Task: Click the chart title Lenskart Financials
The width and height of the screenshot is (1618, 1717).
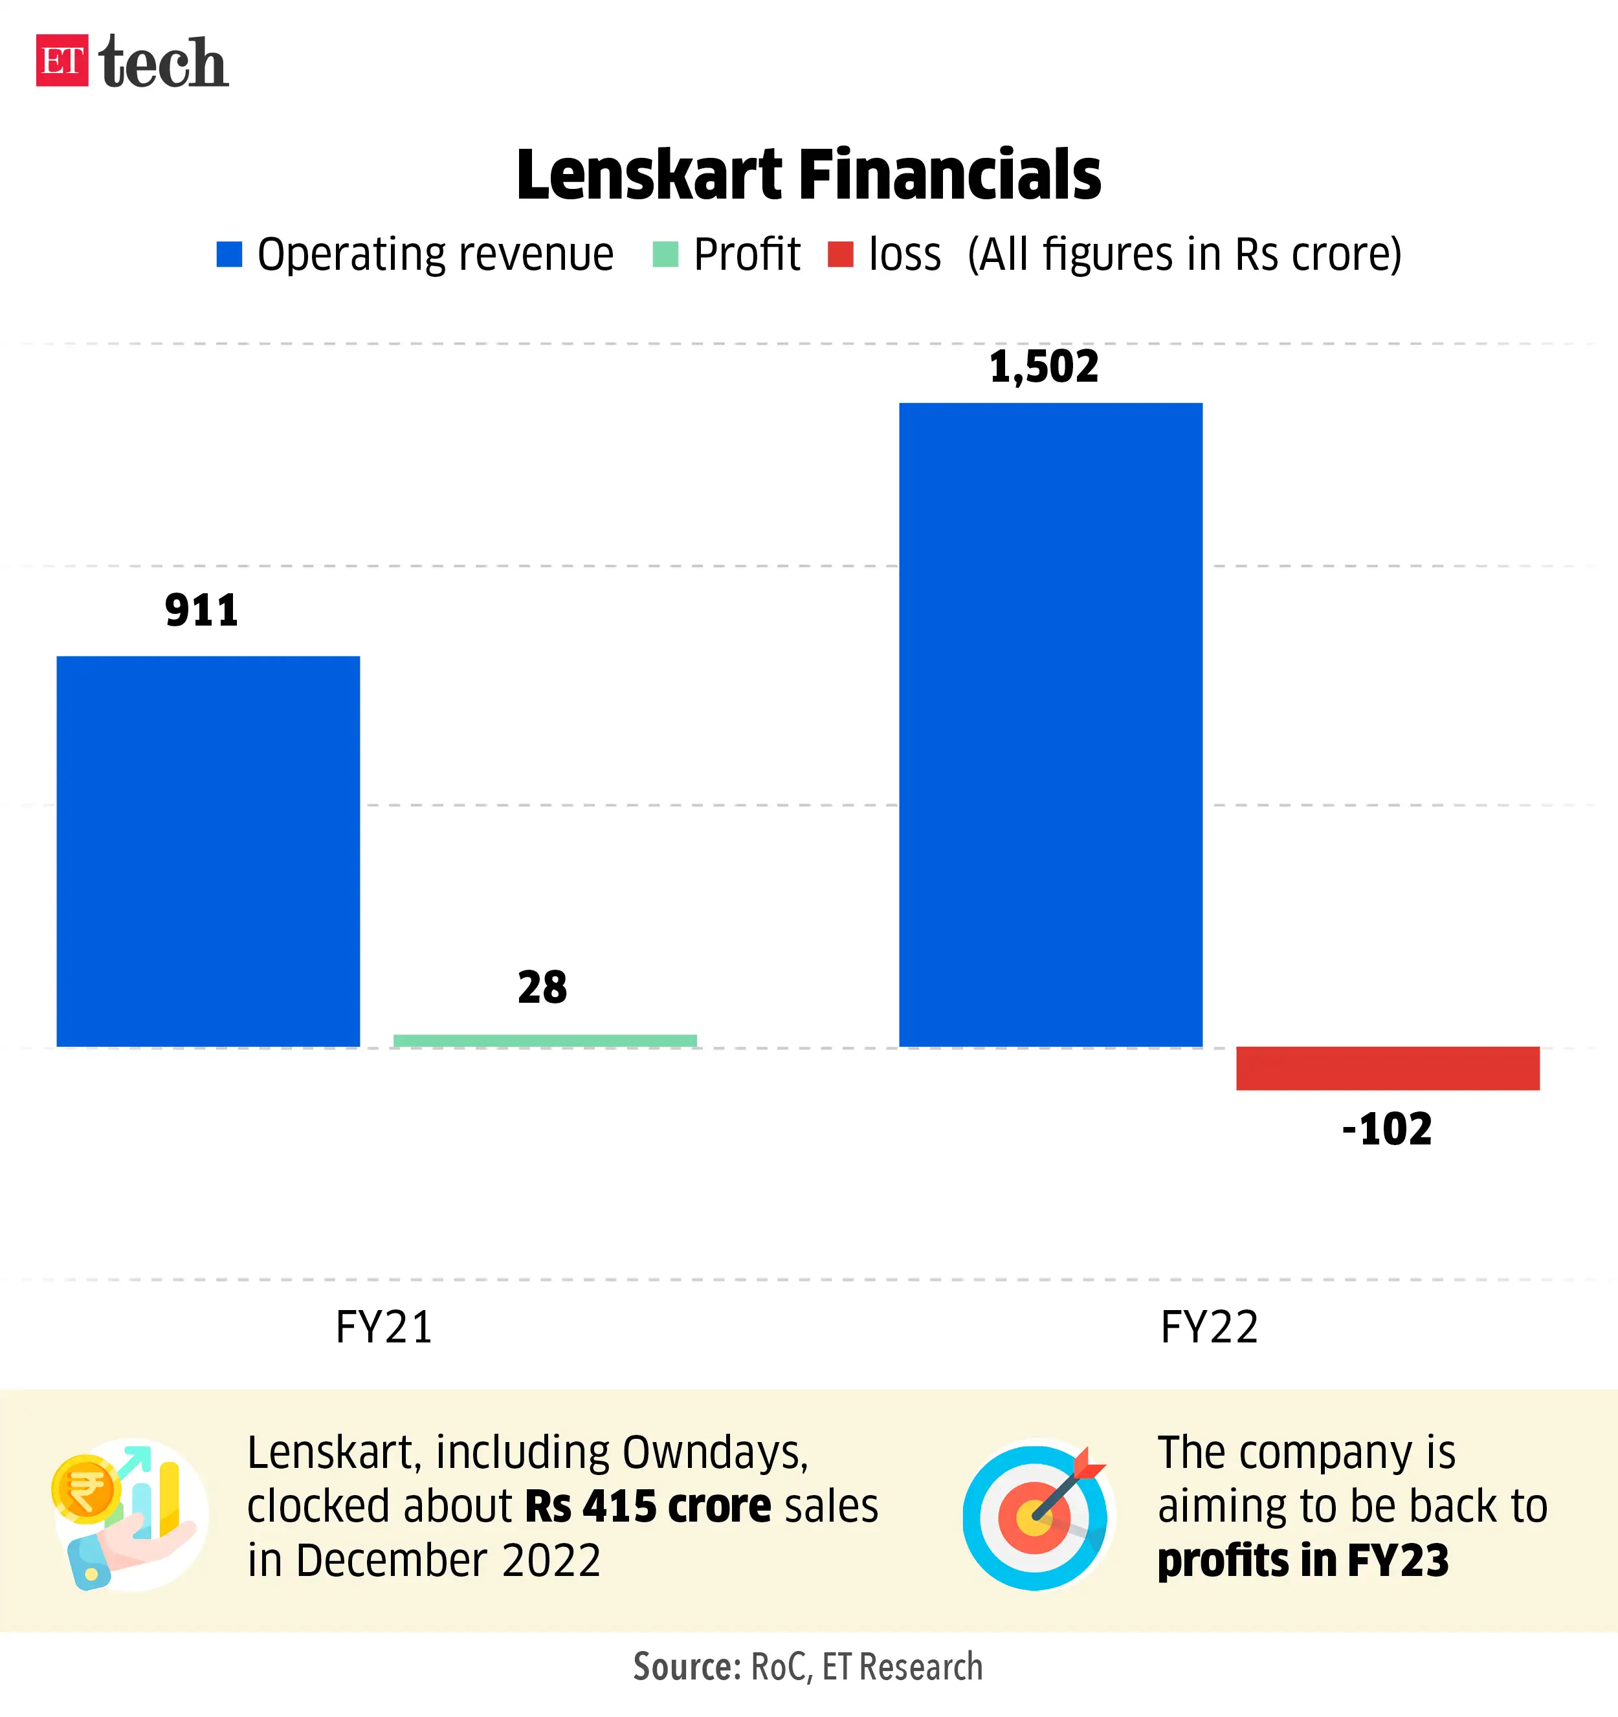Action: pos(808,175)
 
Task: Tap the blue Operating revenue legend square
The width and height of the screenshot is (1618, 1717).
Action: pos(229,254)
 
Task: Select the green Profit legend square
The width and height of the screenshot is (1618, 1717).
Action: pos(665,254)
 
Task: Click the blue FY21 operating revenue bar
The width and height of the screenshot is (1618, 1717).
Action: pos(208,851)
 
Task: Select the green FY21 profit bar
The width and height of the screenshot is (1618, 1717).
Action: pos(545,1041)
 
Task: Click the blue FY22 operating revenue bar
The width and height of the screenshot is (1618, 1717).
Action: pos(1050,725)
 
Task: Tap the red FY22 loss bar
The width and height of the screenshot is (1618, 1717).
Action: pos(1388,1068)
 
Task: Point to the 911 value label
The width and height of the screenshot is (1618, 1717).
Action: pos(201,611)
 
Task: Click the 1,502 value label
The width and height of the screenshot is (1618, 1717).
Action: pos(1043,366)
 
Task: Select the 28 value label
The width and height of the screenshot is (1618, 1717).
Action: pos(542,987)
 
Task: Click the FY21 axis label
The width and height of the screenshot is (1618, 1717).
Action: pos(384,1327)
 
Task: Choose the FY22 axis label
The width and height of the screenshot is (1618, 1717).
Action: pos(1210,1327)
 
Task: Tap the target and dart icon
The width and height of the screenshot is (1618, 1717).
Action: pos(1036,1516)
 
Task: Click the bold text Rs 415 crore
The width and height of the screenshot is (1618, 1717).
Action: pos(648,1506)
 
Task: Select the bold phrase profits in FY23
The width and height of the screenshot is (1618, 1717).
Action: pos(1303,1560)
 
